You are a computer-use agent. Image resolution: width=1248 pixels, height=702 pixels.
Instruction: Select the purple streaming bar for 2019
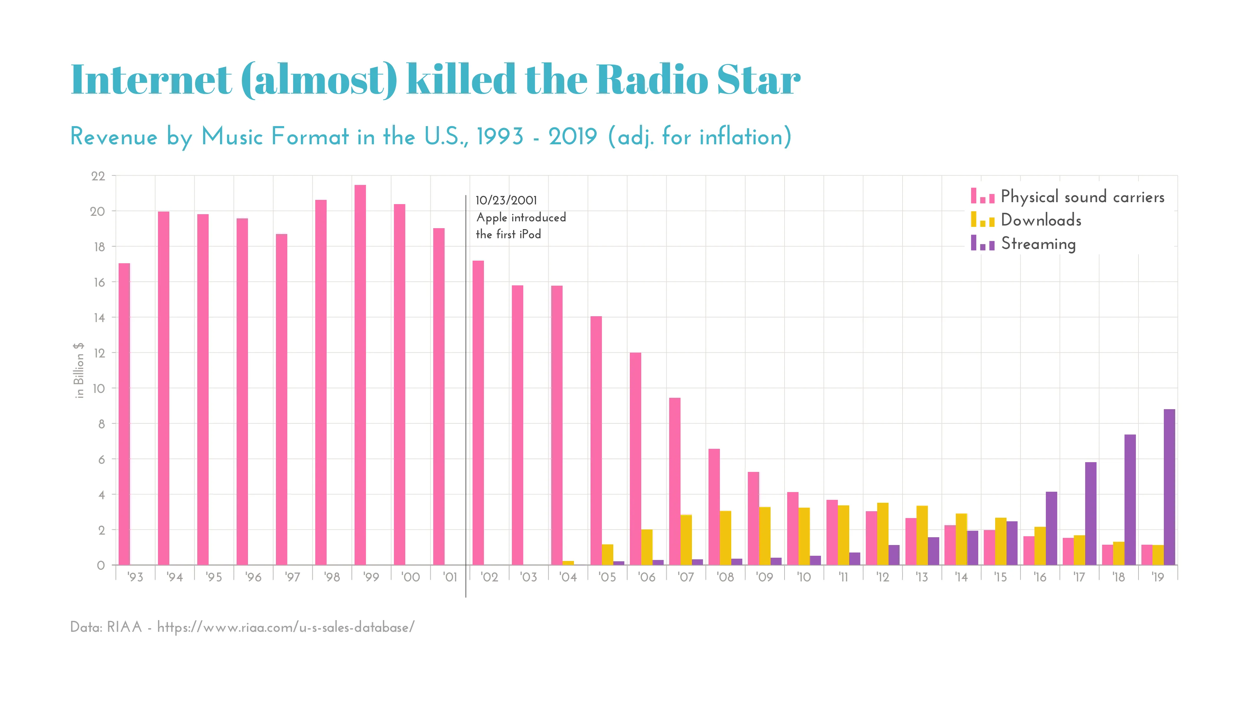coord(1169,487)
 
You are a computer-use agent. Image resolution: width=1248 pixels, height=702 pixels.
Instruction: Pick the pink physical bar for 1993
coord(124,414)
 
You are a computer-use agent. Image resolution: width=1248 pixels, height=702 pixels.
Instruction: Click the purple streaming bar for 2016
coord(1051,528)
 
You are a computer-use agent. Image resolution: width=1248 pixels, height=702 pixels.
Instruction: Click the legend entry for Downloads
coord(1041,220)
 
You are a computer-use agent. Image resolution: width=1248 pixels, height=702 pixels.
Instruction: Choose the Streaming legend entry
coord(1038,244)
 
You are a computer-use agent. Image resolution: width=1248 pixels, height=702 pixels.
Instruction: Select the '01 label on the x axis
coord(450,577)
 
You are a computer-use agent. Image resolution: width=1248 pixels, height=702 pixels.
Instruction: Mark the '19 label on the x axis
coord(1157,577)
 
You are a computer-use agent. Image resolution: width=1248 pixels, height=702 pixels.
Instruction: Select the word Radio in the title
coord(652,80)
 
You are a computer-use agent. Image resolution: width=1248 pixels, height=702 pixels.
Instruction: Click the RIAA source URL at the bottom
coord(286,627)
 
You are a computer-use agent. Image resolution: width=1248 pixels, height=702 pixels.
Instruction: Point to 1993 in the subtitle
coord(500,136)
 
